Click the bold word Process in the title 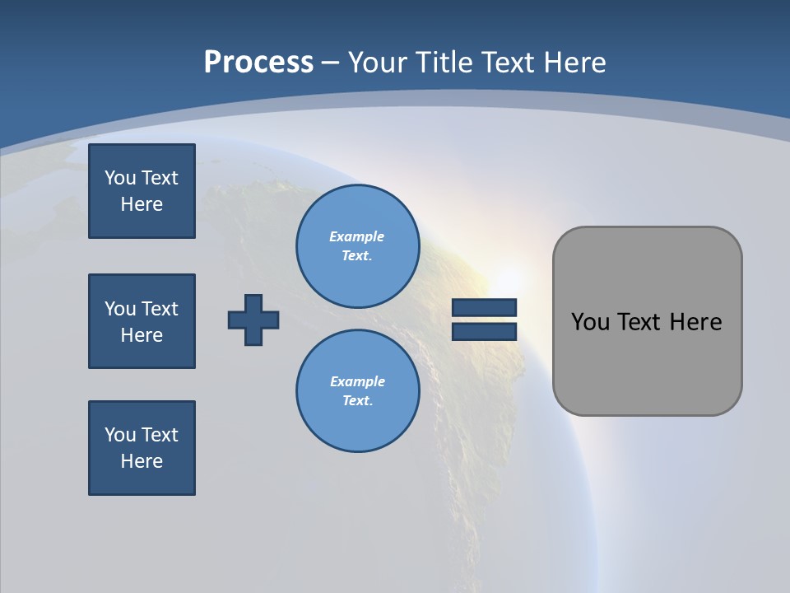(258, 63)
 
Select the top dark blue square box (142, 191)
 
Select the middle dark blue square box (142, 321)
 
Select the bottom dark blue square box (142, 448)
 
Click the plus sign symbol (253, 320)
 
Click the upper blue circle (358, 246)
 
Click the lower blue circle (358, 391)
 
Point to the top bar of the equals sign (484, 308)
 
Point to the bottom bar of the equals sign (484, 331)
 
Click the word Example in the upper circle (356, 237)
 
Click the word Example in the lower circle (357, 382)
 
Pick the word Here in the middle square (142, 335)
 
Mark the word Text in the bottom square (160, 435)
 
